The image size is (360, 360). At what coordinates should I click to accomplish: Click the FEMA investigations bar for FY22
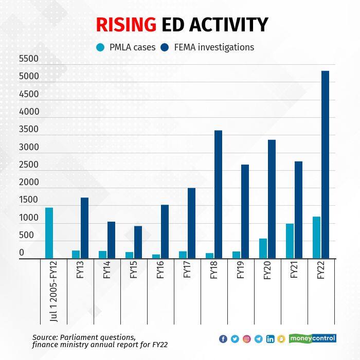coord(325,165)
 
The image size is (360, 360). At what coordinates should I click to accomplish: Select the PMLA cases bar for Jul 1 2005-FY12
coord(49,233)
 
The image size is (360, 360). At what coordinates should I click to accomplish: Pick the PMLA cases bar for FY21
coord(290,241)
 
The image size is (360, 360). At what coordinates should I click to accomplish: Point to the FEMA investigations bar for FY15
coord(138,242)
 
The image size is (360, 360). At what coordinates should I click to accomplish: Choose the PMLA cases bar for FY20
coord(263,248)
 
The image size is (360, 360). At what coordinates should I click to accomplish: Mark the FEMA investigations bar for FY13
coord(84,228)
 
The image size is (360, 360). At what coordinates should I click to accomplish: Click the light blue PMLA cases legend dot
coord(100,48)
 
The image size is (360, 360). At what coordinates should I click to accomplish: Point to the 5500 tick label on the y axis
coord(29,59)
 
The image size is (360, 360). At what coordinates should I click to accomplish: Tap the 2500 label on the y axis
coord(29,165)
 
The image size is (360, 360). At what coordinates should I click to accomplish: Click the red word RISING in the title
coord(126,24)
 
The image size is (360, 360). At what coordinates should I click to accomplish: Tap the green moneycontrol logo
coord(312,338)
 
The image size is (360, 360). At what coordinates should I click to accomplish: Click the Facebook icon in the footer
coord(223,339)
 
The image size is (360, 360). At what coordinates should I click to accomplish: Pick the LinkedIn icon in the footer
coord(270,339)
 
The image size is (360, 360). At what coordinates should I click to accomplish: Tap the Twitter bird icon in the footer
coord(235,339)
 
